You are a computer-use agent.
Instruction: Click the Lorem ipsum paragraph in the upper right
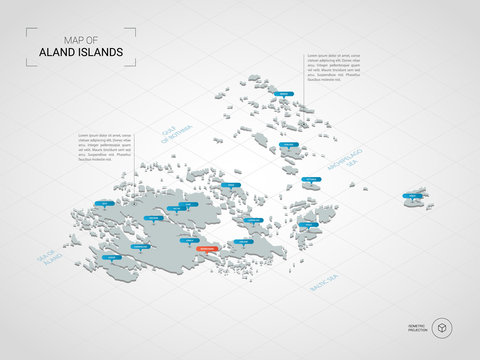334,67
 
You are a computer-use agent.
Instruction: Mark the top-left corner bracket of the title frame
29,31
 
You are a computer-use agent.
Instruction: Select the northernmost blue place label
284,94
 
